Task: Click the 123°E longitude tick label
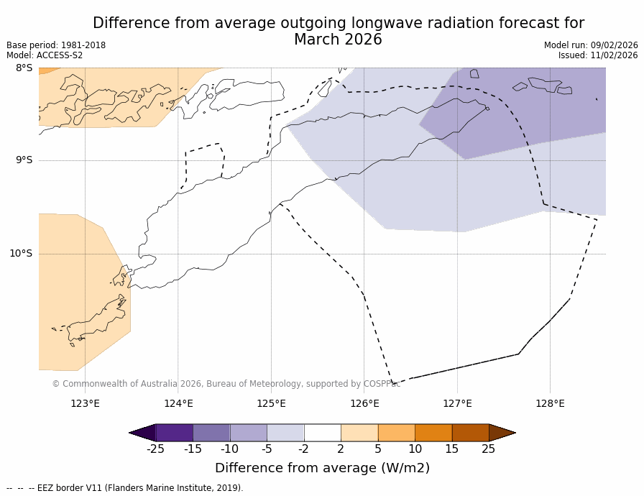tap(85, 403)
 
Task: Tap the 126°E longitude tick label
tap(364, 403)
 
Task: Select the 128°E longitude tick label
tap(550, 403)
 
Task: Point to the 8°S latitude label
tap(24, 68)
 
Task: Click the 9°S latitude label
tap(24, 160)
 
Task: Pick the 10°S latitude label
tap(21, 253)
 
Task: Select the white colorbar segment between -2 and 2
tap(322, 433)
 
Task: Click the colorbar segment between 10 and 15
tap(433, 433)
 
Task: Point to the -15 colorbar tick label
tap(193, 449)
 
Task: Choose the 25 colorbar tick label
tap(488, 449)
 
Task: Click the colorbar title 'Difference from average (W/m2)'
tap(322, 468)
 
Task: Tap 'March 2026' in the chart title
tap(338, 40)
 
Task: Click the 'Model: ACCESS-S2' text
tap(45, 55)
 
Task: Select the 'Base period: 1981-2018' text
tap(56, 45)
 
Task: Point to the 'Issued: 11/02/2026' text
tap(598, 55)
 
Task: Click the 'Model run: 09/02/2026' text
tap(591, 45)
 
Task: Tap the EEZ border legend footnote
tap(125, 488)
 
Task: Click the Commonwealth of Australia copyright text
tap(226, 384)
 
